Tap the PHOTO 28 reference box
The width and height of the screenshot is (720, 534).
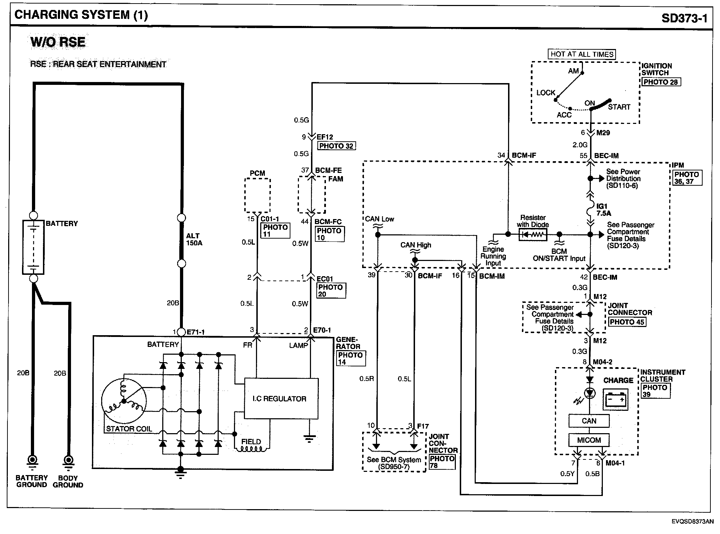coord(660,82)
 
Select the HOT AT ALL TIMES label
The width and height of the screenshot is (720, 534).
coord(582,54)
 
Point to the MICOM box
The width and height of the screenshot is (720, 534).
coord(589,440)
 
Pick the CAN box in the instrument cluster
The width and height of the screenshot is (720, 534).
coord(589,421)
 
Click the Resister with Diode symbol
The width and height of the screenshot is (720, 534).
coord(533,235)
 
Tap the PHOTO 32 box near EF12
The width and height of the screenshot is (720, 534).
coord(336,146)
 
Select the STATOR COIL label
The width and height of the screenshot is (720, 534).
coord(129,429)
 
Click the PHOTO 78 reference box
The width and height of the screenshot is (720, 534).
coord(442,462)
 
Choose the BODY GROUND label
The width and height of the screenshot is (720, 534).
coord(68,481)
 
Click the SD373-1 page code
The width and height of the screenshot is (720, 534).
coord(684,18)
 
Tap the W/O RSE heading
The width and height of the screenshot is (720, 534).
coord(58,42)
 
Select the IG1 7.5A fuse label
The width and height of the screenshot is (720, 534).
coord(604,210)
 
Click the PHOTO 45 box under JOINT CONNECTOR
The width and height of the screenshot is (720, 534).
coord(627,322)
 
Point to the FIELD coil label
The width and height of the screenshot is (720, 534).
coord(251,442)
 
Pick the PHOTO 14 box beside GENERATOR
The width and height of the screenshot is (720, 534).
coord(350,359)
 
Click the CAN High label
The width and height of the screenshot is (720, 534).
coord(415,245)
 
